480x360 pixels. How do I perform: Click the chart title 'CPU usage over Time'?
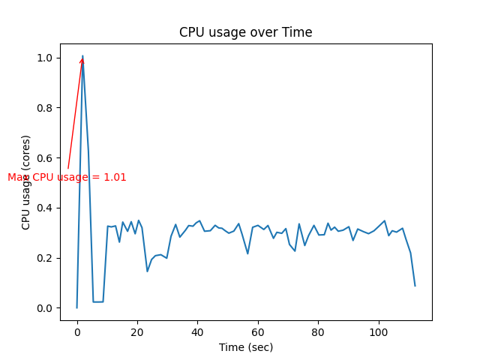coord(245,32)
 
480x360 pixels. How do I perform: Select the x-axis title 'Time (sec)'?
coord(245,347)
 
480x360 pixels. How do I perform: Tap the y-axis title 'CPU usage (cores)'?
coord(26,182)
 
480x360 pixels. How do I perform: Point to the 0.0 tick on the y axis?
coord(46,308)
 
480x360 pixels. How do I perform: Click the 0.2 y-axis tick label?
coord(46,258)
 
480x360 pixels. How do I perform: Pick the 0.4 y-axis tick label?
coord(46,208)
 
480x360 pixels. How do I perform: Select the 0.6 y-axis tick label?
coord(46,158)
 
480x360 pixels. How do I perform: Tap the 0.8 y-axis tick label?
coord(46,108)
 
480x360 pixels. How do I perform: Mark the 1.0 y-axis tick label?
coord(46,58)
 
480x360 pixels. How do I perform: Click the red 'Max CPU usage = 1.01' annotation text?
coord(67,178)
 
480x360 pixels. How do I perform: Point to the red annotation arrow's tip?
coord(82,57)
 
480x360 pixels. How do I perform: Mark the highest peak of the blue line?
coord(82,55)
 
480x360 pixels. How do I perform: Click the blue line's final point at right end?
coord(415,286)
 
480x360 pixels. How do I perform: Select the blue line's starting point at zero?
coord(76,307)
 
